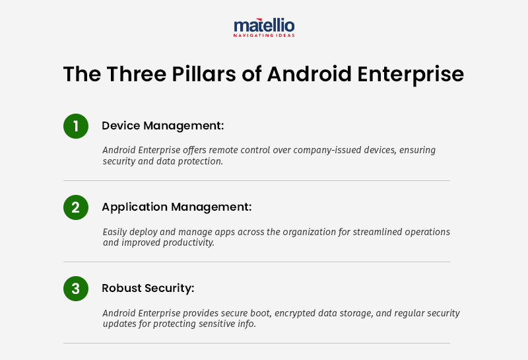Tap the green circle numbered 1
(76, 126)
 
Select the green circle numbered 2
(76, 207)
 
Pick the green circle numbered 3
(76, 289)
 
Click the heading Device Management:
(162, 126)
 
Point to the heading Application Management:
(176, 207)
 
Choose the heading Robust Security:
(148, 288)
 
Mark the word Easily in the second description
(116, 232)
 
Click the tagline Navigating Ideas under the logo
(264, 35)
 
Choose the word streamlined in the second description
(372, 232)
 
